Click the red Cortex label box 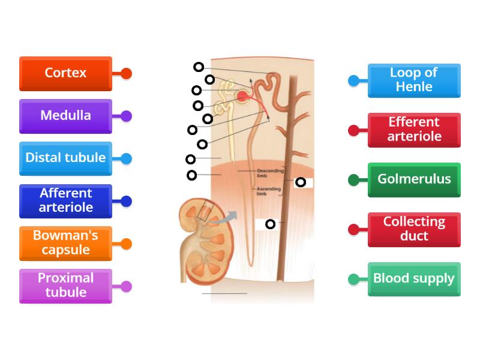pyautogui.click(x=65, y=73)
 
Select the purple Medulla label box pyautogui.click(x=65, y=116)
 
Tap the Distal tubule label pyautogui.click(x=65, y=158)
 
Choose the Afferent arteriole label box pyautogui.click(x=65, y=201)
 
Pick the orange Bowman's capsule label pyautogui.click(x=65, y=243)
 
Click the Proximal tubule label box pyautogui.click(x=65, y=286)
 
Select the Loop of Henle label pyautogui.click(x=414, y=80)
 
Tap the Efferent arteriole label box pyautogui.click(x=414, y=130)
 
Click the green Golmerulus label pyautogui.click(x=414, y=179)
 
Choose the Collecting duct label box pyautogui.click(x=414, y=229)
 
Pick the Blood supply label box pyautogui.click(x=414, y=278)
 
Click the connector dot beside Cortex pyautogui.click(x=126, y=74)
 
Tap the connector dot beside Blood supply pyautogui.click(x=354, y=279)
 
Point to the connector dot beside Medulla pyautogui.click(x=126, y=116)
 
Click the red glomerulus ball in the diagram pyautogui.click(x=243, y=96)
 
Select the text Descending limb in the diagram pyautogui.click(x=265, y=173)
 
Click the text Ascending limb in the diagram pyautogui.click(x=265, y=191)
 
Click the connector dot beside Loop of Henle pyautogui.click(x=354, y=80)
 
